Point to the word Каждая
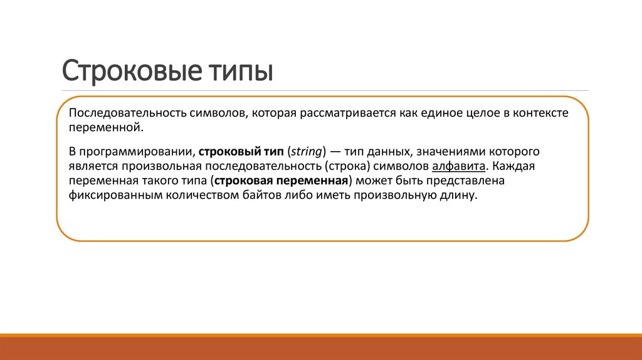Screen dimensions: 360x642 pos(514,167)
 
